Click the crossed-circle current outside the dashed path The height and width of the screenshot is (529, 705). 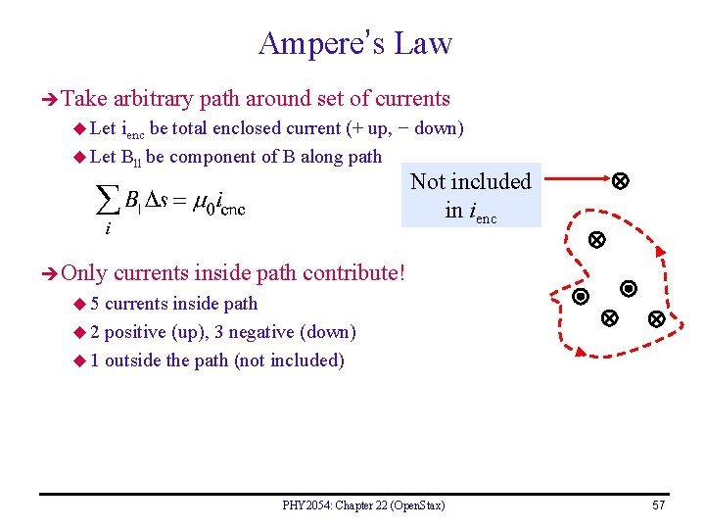click(x=620, y=181)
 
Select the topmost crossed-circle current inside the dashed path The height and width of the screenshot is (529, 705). click(x=594, y=240)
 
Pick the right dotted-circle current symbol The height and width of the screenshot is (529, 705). click(x=629, y=289)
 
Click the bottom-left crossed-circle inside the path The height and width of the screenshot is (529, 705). click(x=608, y=318)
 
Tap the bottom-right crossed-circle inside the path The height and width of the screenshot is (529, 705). click(x=656, y=319)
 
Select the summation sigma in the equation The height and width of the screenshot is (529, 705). click(x=108, y=200)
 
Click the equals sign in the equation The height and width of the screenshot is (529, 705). click(x=180, y=201)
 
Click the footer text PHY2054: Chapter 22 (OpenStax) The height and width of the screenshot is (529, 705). click(x=363, y=505)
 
